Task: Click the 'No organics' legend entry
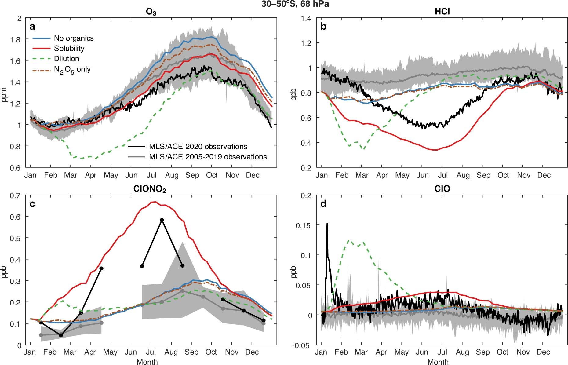(74, 38)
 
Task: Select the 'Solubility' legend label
(69, 48)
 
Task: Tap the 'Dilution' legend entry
(66, 59)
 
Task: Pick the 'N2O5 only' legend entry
(72, 69)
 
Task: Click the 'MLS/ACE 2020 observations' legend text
(198, 146)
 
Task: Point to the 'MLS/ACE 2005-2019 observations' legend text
(208, 157)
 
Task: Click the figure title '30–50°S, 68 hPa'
(295, 4)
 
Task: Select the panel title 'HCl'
(442, 12)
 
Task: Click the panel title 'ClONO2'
(150, 189)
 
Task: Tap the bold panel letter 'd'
(323, 204)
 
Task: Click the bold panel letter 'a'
(32, 27)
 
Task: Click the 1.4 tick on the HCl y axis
(306, 18)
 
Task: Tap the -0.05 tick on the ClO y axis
(303, 345)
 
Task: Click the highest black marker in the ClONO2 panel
(162, 220)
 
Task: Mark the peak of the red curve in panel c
(154, 202)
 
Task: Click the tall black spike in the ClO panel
(327, 224)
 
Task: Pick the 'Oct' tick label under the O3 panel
(211, 175)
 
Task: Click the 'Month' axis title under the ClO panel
(438, 362)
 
